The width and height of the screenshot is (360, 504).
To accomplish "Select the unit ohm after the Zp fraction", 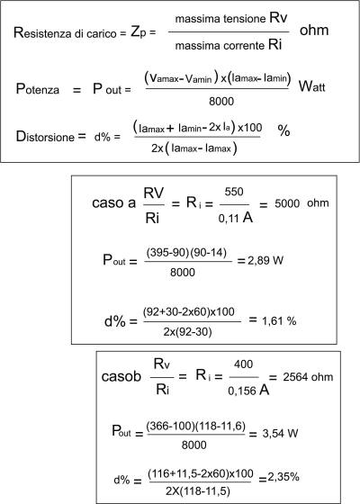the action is point(314,30).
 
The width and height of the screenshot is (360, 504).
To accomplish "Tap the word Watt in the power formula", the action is point(311,86).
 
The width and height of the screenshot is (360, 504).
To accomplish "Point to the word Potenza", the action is point(38,89).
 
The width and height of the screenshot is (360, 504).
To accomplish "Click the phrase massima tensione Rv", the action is point(231,18).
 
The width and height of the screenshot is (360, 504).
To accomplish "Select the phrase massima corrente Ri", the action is point(229,45).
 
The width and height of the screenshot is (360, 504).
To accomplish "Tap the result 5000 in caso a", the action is point(287,203).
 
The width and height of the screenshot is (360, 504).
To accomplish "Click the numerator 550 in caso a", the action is point(234,192).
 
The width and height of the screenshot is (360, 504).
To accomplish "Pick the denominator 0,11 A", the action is point(235,218).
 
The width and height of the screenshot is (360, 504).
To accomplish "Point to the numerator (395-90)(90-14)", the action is point(186,253).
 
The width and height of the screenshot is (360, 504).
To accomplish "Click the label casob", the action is point(121,376).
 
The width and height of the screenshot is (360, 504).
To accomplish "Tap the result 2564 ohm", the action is point(308,377).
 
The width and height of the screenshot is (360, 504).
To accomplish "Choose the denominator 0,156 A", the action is point(248,391).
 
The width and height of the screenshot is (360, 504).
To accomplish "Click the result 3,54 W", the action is point(280,433).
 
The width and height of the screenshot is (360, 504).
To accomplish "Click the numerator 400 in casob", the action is point(243,364).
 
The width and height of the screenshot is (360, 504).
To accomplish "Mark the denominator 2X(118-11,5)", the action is point(198,490).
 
